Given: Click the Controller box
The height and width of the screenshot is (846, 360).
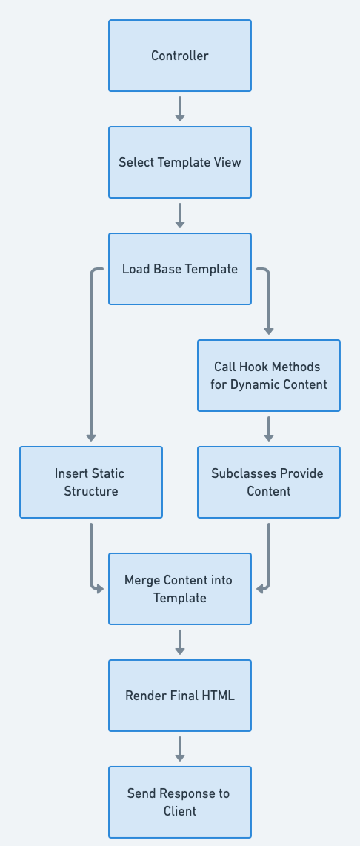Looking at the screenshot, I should [x=180, y=56].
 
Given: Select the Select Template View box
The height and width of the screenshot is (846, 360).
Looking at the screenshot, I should [x=180, y=162].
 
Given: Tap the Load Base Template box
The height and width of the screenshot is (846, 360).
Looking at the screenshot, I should [x=180, y=269].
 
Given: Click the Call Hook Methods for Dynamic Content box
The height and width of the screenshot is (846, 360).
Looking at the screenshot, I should [x=269, y=376].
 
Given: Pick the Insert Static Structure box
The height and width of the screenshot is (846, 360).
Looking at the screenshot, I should [x=91, y=482].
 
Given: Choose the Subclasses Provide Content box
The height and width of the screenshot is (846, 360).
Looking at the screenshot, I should [x=269, y=482].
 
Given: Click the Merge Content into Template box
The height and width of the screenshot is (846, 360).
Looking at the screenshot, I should [x=180, y=589].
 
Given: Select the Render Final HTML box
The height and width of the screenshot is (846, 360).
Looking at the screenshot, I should [x=180, y=696].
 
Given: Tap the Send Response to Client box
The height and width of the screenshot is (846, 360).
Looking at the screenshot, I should [x=180, y=802].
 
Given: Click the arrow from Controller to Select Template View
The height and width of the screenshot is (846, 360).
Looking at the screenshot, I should [x=180, y=108].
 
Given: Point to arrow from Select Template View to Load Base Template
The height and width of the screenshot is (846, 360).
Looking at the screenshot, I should [x=180, y=215].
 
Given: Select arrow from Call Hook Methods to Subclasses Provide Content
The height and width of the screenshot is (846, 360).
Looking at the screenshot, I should [x=269, y=428].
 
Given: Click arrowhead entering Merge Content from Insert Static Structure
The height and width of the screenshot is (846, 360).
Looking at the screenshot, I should [x=100, y=589].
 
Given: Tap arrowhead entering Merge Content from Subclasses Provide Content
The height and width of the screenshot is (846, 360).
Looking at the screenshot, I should [x=260, y=589].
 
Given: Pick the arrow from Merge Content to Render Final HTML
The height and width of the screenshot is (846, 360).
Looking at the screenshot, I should [x=180, y=642].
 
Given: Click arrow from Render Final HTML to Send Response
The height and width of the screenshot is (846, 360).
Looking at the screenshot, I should [x=180, y=748].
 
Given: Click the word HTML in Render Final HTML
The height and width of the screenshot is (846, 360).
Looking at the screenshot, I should [x=219, y=696].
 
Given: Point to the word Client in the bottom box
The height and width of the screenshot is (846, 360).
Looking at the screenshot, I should [x=180, y=811].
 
